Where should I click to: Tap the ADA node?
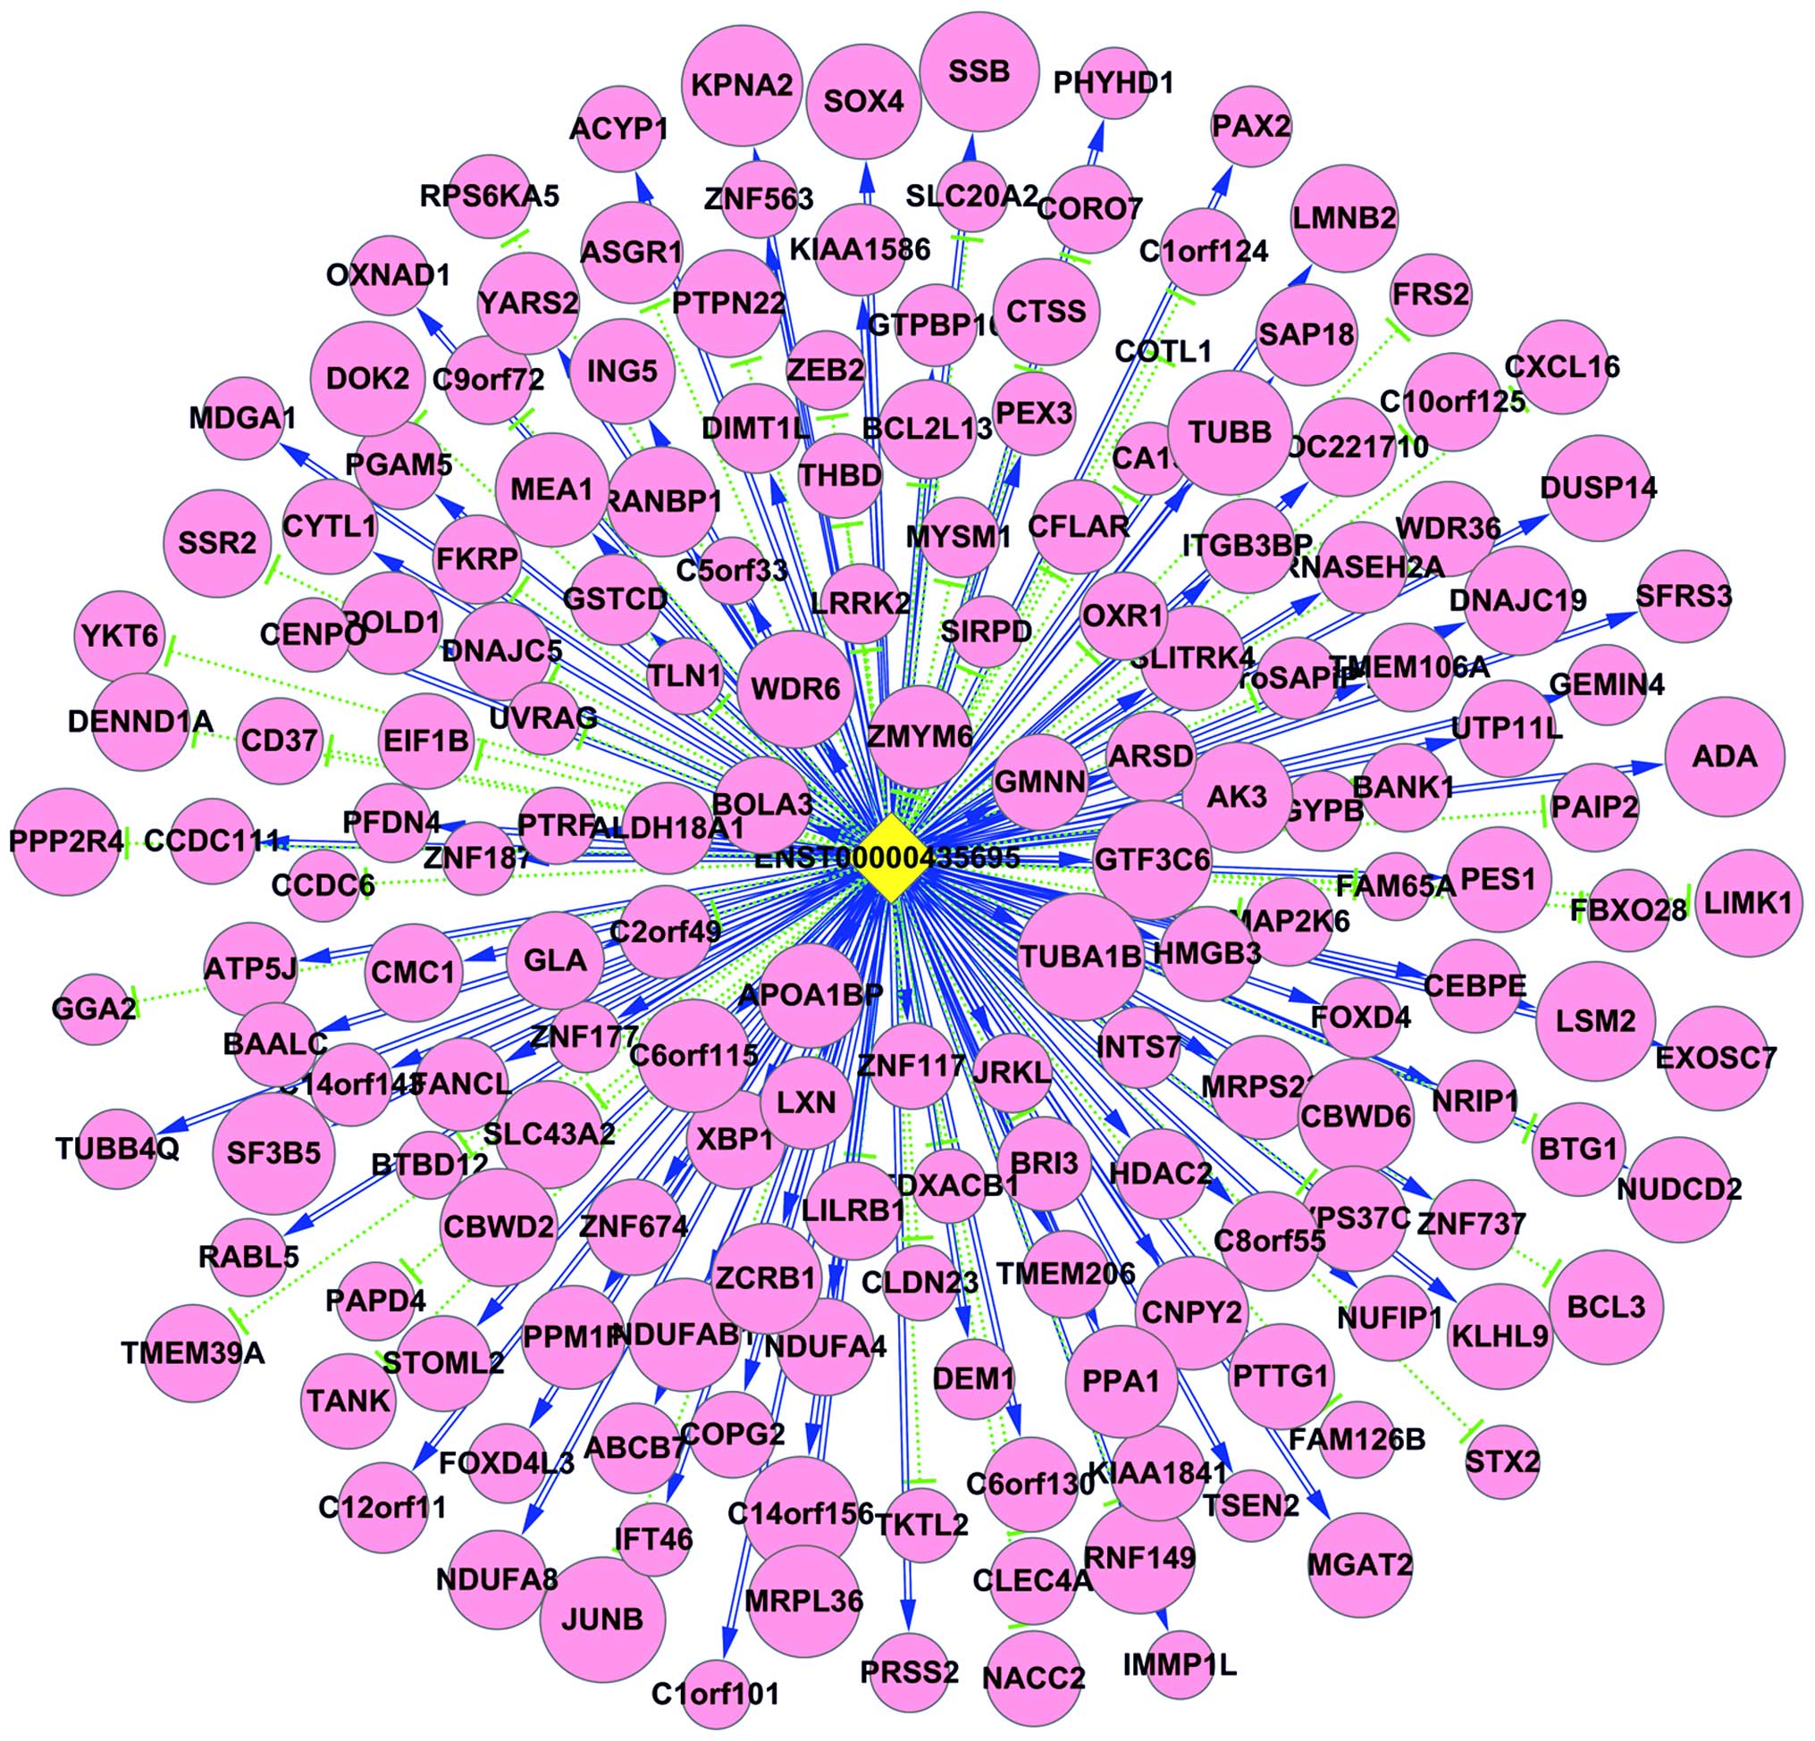(x=1724, y=757)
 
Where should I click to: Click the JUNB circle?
(x=603, y=1619)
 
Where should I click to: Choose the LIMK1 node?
(x=1748, y=902)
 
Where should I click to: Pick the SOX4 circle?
(x=864, y=101)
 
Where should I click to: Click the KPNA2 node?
(x=741, y=86)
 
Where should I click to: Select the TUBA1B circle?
(x=1080, y=956)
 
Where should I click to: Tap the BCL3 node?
(x=1606, y=1307)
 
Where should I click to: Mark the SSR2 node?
(x=218, y=542)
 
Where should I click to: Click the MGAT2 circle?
(x=1359, y=1565)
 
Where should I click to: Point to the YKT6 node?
(x=120, y=637)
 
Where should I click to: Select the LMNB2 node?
(x=1344, y=219)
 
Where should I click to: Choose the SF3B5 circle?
(x=273, y=1153)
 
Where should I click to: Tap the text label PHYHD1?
(x=1113, y=83)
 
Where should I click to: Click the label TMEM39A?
(x=193, y=1353)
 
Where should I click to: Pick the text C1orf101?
(x=715, y=1694)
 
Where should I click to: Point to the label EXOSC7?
(x=1716, y=1058)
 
